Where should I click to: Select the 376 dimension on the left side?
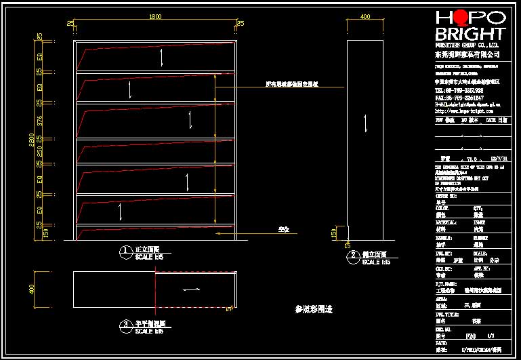[x=39, y=121]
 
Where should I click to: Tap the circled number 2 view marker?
[x=353, y=256]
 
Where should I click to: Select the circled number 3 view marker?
[x=125, y=325]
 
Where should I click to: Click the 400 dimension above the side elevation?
[x=366, y=16]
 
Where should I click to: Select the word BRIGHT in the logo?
[x=470, y=34]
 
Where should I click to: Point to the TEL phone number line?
[x=459, y=89]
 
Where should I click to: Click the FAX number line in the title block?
[x=459, y=98]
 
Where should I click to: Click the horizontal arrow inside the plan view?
[x=191, y=290]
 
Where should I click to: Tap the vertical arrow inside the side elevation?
[x=366, y=124]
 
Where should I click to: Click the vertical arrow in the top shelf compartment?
[x=161, y=58]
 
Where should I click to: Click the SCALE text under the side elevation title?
[x=375, y=262]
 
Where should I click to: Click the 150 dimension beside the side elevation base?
[x=333, y=233]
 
